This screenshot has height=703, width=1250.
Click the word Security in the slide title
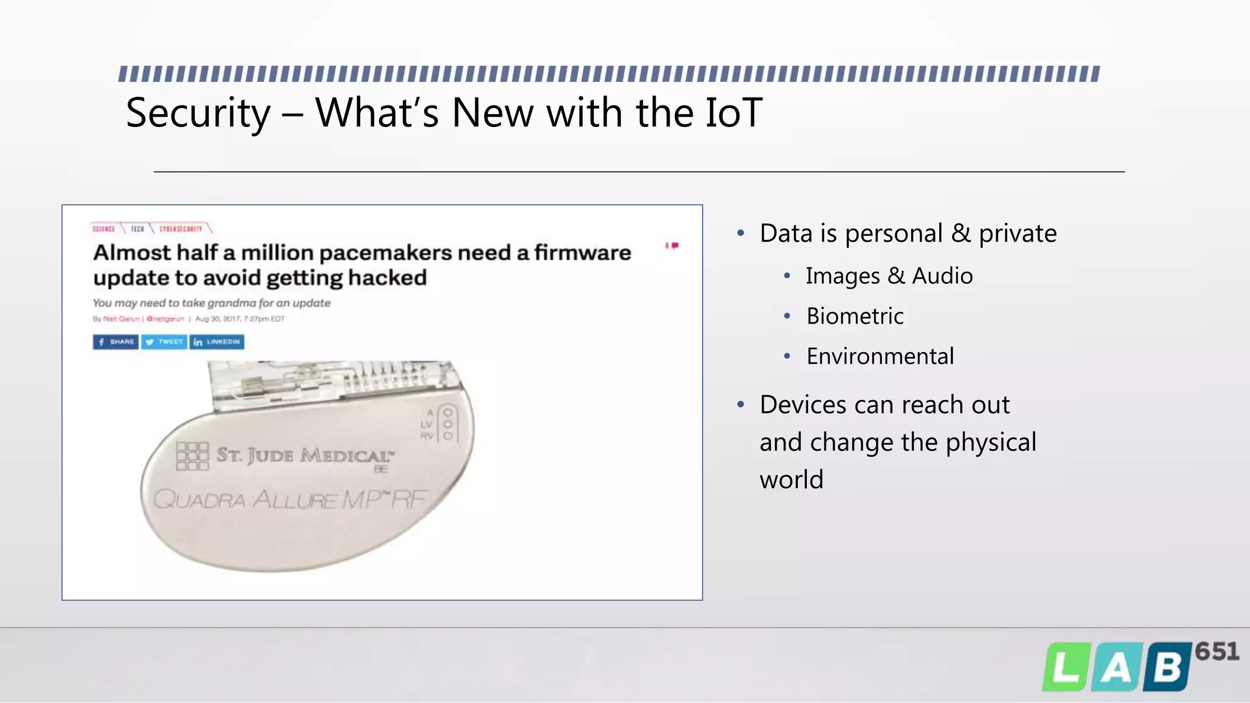198,114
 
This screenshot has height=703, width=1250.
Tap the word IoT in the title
733,113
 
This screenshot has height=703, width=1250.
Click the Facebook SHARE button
115,342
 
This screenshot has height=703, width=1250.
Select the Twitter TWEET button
164,342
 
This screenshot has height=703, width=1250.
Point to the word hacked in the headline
388,278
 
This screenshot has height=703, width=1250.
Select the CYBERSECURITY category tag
181,229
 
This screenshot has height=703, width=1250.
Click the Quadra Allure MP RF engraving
290,499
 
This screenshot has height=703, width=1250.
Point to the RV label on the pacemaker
427,436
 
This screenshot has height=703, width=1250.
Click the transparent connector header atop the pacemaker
330,381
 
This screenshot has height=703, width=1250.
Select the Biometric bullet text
854,316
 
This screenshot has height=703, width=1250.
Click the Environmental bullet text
880,356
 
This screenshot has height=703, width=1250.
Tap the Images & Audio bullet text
889,276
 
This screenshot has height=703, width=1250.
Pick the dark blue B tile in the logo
1167,668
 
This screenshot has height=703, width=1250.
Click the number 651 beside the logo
1216,652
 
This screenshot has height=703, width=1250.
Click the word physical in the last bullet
991,442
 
